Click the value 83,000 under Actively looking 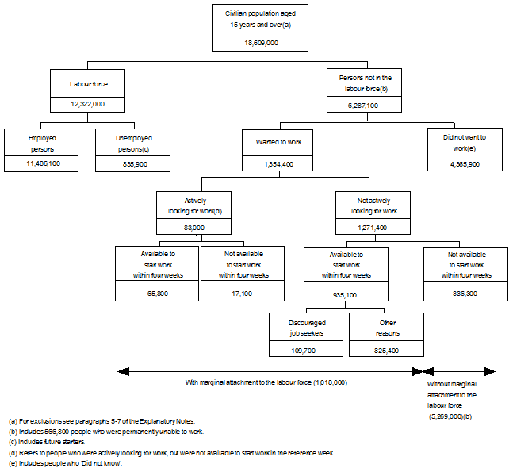pos(193,227)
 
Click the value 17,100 pos(243,293)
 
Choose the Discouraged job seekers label pos(306,328)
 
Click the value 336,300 pos(465,293)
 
